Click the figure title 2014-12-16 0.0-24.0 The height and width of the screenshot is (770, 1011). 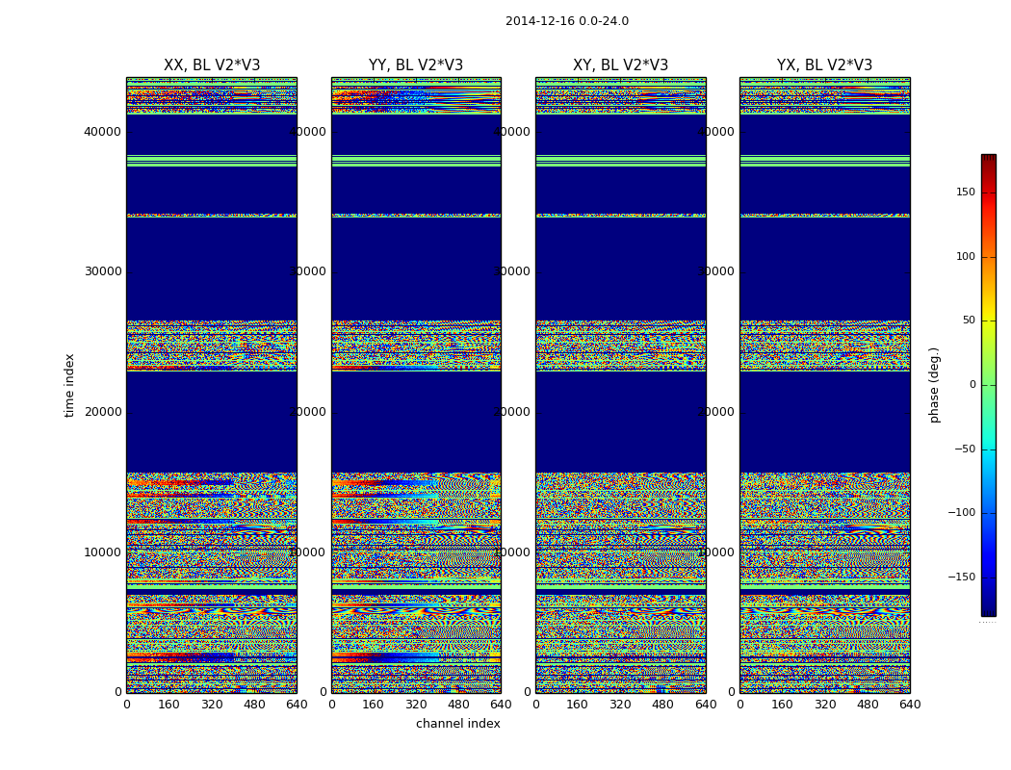(566, 21)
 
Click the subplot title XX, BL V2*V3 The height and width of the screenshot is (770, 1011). (212, 65)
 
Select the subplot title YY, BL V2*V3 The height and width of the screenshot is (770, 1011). (416, 65)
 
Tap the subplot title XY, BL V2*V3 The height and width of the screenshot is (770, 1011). (620, 65)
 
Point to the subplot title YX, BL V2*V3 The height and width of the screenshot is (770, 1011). (824, 65)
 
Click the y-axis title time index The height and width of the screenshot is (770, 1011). (69, 385)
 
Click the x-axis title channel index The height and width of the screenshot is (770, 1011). (458, 724)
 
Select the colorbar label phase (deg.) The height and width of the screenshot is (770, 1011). (934, 385)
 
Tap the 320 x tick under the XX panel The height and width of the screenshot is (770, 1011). (212, 705)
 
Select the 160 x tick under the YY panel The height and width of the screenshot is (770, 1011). (374, 705)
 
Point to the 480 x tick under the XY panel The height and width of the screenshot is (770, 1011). (663, 705)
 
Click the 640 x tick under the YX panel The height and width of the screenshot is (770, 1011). (910, 705)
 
